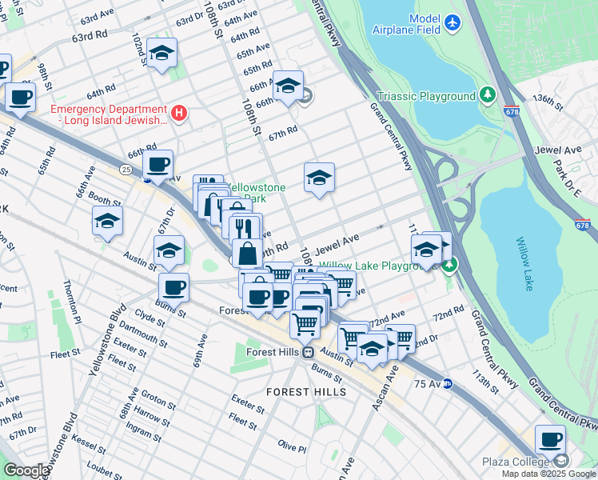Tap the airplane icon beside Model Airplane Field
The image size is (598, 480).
tap(453, 22)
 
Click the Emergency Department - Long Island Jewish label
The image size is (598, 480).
tap(109, 114)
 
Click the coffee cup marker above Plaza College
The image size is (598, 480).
tap(550, 439)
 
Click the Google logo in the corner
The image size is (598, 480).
tap(26, 470)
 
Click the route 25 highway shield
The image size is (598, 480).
tap(126, 170)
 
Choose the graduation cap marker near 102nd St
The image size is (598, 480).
tap(162, 54)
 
